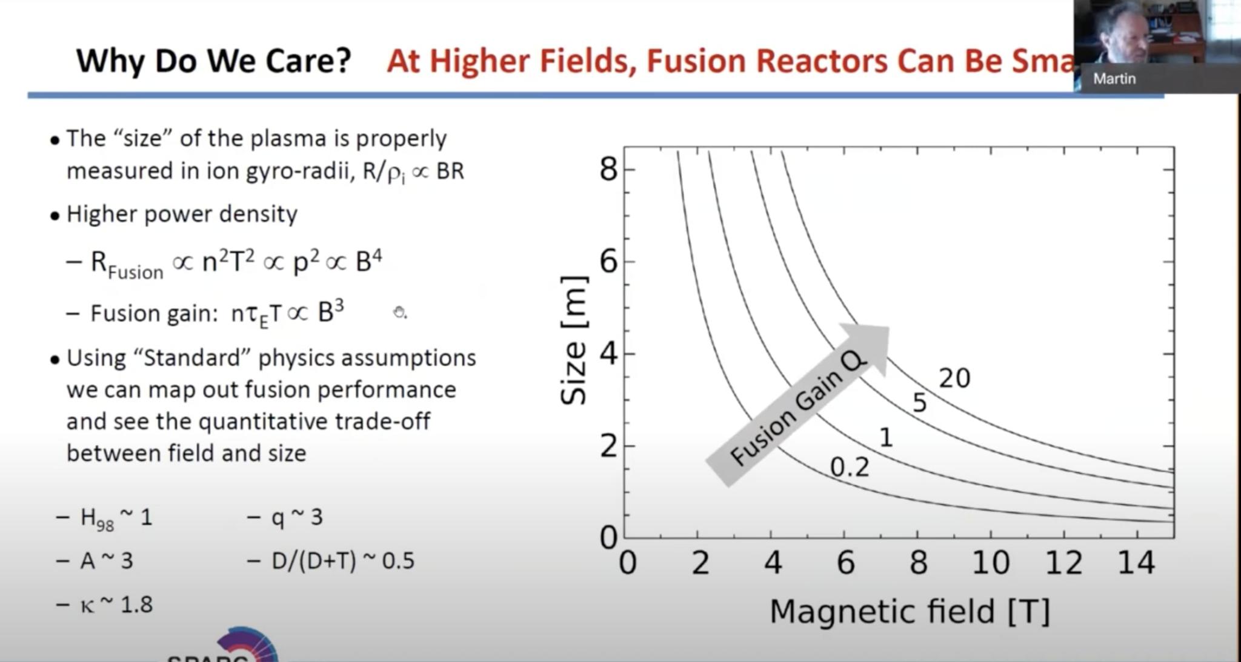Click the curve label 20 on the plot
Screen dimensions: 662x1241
[954, 379]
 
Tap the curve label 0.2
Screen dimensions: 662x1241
[849, 468]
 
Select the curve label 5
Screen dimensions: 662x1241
[919, 403]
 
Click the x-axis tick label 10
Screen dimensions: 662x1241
[990, 563]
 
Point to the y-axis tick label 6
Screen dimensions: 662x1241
[608, 262]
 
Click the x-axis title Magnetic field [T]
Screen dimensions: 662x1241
[909, 611]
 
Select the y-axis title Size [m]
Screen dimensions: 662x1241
[573, 340]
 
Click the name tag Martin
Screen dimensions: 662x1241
[1114, 79]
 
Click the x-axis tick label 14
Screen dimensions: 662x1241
[1136, 563]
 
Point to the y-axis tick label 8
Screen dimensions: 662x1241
[608, 169]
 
